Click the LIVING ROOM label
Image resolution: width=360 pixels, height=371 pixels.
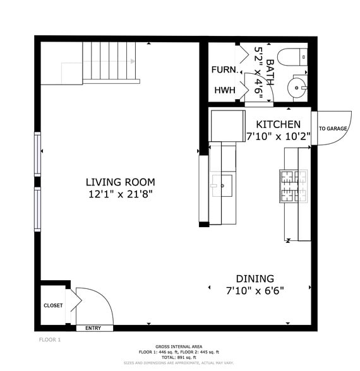(120, 182)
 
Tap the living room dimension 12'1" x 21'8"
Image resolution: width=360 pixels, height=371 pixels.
(120, 195)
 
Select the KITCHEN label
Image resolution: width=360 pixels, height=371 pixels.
(279, 125)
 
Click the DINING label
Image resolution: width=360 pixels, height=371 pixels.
(255, 278)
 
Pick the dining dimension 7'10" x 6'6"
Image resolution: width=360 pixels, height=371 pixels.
(255, 291)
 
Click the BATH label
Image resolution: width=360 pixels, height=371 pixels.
(270, 71)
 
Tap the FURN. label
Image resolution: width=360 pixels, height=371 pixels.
(225, 69)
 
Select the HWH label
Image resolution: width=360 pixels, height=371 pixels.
(224, 90)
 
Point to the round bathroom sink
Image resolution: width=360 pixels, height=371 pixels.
(296, 86)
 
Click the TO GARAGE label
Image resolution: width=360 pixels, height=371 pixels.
(333, 129)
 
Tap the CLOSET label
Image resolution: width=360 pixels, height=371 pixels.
(53, 305)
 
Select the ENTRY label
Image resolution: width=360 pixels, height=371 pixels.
(93, 328)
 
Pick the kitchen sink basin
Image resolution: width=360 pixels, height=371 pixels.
(223, 186)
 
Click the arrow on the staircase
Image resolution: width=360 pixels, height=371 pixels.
(133, 61)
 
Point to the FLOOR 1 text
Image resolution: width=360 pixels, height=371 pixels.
(50, 340)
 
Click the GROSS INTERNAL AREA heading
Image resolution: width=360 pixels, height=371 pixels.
(179, 347)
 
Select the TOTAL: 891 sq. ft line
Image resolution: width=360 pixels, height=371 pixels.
(179, 358)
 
